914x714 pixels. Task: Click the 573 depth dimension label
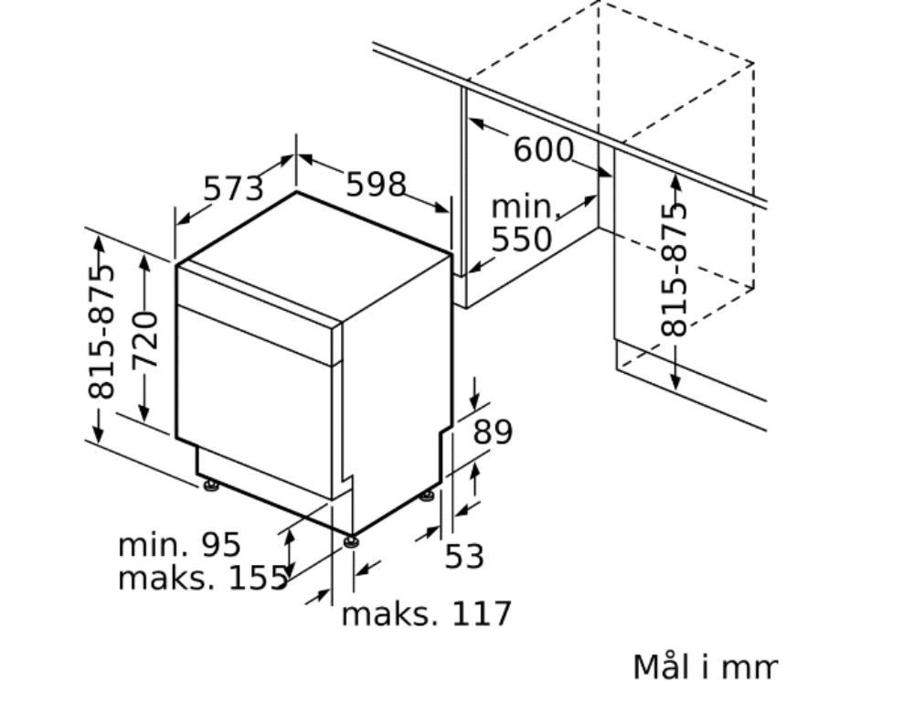click(233, 188)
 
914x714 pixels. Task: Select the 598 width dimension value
click(376, 184)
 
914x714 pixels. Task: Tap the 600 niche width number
click(543, 150)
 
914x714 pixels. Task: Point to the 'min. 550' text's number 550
click(521, 239)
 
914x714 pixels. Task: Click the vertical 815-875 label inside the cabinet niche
click(674, 269)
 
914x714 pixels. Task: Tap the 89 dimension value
click(493, 432)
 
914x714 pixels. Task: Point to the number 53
click(464, 556)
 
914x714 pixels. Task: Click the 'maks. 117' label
click(426, 613)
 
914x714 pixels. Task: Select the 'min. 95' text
click(179, 545)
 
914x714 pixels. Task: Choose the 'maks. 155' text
click(204, 578)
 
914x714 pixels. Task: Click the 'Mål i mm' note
click(705, 666)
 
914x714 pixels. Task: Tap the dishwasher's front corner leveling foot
click(351, 541)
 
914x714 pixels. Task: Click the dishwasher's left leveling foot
click(210, 485)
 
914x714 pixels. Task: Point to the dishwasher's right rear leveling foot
click(427, 496)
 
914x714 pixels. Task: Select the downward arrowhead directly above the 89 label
click(474, 402)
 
